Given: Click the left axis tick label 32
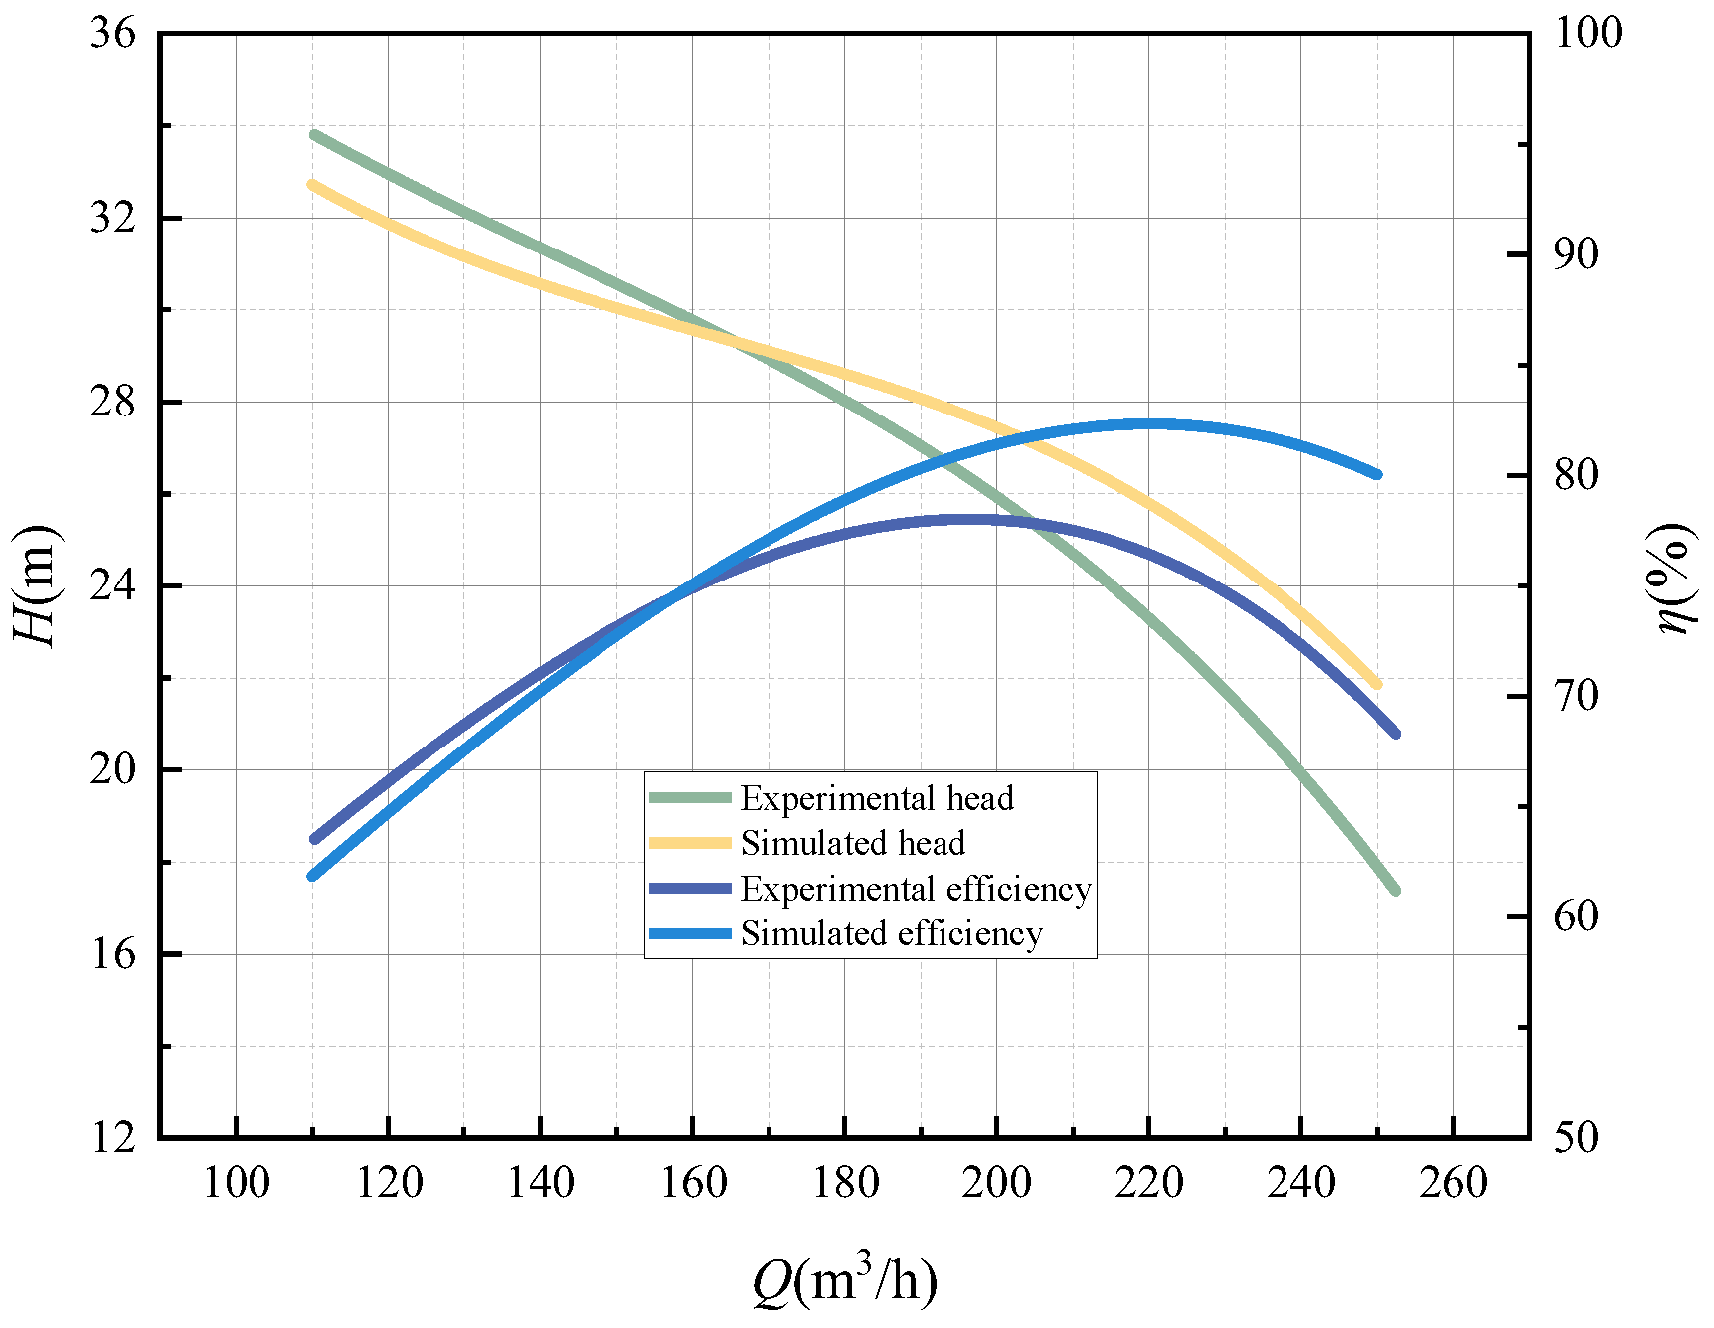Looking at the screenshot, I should click(112, 219).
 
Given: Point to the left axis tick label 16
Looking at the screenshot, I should click(112, 954).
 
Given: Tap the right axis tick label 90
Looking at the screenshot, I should click(1576, 254).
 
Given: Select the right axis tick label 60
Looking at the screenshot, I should click(1576, 916).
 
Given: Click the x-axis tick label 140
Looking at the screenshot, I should click(540, 1184).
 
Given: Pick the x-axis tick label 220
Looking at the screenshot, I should click(1148, 1184).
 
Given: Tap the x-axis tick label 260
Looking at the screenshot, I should click(1453, 1184).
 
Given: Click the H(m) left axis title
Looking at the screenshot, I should click(37, 586).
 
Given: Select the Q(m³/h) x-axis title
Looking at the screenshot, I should click(844, 1281).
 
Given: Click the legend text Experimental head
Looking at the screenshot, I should click(877, 798).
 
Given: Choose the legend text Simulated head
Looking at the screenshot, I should click(852, 844).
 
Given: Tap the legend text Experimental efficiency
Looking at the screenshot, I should click(916, 889).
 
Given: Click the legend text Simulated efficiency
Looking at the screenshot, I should click(891, 934).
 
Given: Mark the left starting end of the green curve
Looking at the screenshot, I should click(314, 134).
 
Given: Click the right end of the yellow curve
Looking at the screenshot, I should click(1377, 684).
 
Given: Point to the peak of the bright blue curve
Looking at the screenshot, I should click(1153, 424).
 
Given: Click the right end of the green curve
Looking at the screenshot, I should click(1395, 891).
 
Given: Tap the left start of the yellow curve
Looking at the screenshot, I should click(312, 184).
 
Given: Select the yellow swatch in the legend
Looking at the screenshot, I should click(690, 843).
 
